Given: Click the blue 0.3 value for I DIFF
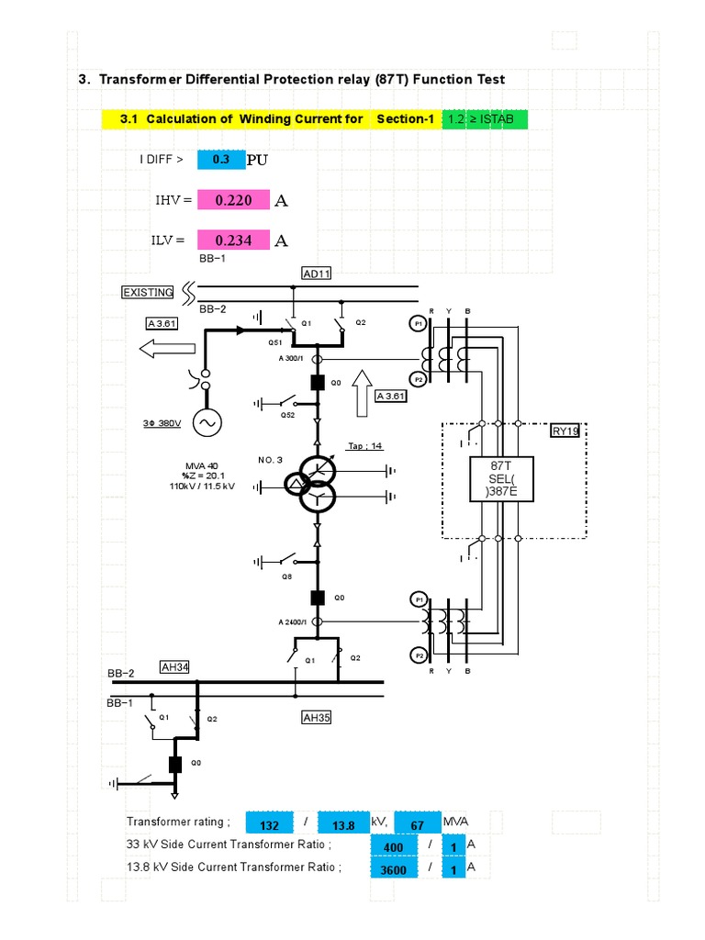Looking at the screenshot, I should coord(220,160).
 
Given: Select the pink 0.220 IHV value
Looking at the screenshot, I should coord(233,200).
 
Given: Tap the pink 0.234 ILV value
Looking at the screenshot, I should coord(233,241).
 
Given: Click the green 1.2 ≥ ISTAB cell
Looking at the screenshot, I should coord(484,119).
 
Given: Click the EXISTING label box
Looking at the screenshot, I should coord(148,292).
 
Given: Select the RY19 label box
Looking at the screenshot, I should coord(565,431).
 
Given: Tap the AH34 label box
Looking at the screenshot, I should coord(174,667).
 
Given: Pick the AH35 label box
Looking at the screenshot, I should coord(316,718).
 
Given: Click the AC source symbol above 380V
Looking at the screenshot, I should coord(206,423).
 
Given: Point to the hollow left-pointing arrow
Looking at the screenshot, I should coord(167,349).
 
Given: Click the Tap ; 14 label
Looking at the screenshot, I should coord(364,446).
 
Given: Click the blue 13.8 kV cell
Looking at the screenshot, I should coord(344,825).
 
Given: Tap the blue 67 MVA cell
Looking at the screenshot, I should coord(418,825).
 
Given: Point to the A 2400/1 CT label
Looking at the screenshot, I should coord(293,621).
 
